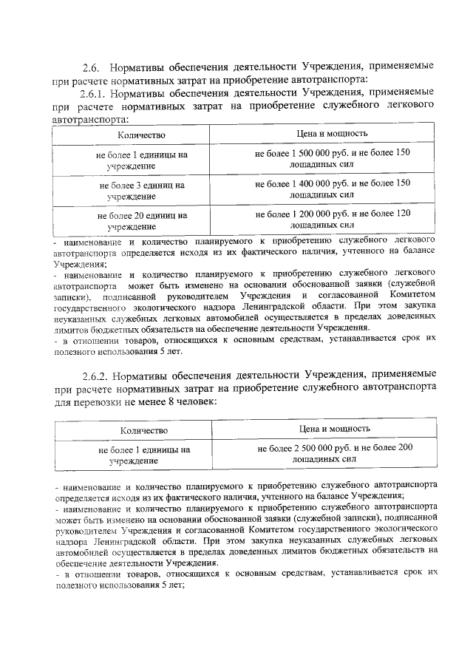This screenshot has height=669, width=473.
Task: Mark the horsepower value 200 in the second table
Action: click(405, 448)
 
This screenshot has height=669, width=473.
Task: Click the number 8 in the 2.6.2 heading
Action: click(169, 400)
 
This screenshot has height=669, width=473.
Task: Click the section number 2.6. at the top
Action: click(92, 67)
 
